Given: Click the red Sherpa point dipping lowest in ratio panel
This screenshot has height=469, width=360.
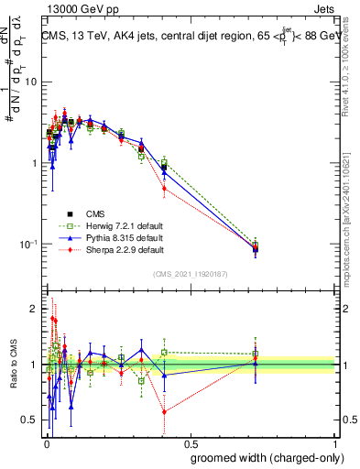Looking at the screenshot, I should click(x=164, y=411).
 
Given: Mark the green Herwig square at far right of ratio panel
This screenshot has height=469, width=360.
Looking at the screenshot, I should click(x=256, y=354).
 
